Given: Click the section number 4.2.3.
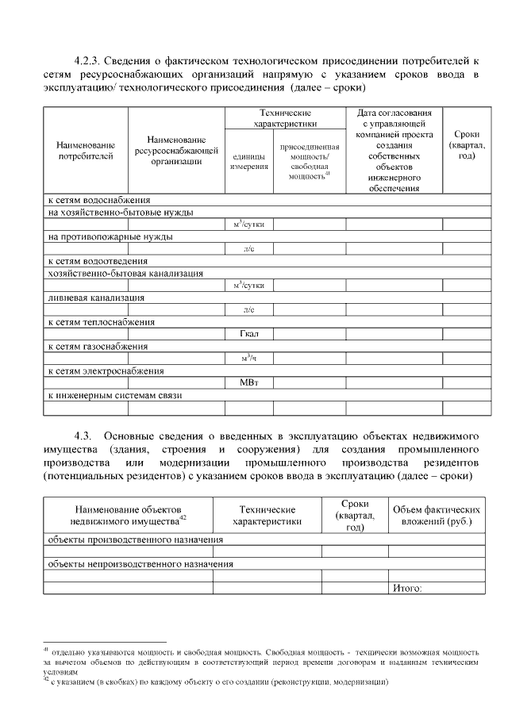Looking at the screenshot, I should [x=87, y=60].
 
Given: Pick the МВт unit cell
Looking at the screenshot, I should [x=249, y=383].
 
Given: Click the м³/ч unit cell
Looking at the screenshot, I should [x=249, y=359].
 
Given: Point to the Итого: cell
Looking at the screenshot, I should [x=407, y=588].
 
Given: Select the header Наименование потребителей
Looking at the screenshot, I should [x=86, y=150].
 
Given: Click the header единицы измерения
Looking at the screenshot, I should [x=249, y=162].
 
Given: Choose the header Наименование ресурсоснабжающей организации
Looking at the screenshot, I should [x=176, y=150].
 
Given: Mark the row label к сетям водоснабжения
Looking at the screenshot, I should [x=99, y=200].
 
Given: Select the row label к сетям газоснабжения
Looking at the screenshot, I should [x=98, y=347].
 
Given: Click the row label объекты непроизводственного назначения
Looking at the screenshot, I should [x=140, y=564].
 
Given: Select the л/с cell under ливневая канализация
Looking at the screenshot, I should [x=249, y=309].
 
